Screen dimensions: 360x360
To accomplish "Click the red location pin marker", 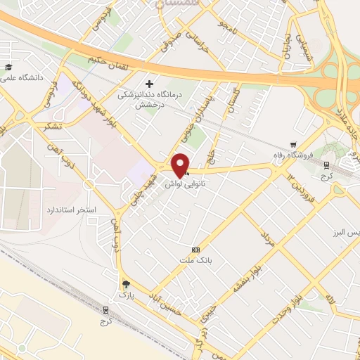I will pos(181,165).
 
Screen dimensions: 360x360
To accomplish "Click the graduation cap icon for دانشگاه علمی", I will pos(9,67).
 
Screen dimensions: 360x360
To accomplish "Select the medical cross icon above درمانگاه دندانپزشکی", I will pos(149,84).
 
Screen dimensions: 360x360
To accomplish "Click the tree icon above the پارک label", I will pos(126,284).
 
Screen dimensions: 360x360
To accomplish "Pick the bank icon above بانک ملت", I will pos(195,250).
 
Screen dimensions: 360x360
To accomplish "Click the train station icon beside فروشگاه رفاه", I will pos(326,165).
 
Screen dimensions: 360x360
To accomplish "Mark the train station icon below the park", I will pos(106,309).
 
